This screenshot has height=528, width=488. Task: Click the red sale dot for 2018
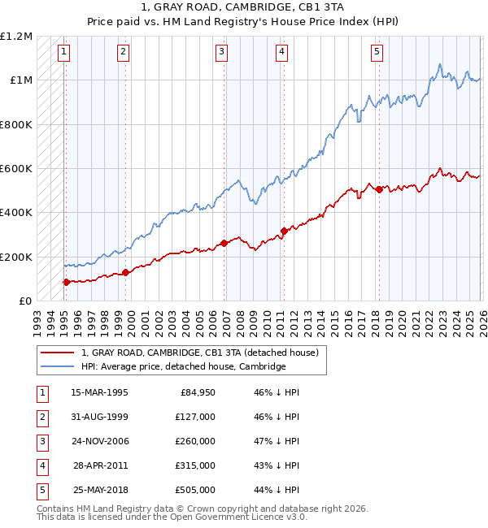pos(379,189)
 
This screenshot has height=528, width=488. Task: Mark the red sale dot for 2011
pos(284,231)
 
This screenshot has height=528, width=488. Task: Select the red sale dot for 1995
pos(66,282)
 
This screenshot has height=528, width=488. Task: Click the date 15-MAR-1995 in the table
pos(99,392)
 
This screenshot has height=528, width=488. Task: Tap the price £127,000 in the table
pos(195,417)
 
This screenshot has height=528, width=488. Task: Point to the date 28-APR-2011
pos(99,465)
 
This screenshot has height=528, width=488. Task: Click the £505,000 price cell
pos(195,490)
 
